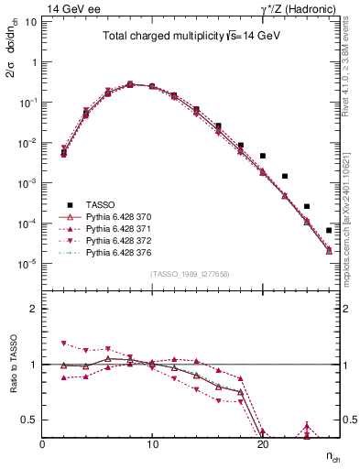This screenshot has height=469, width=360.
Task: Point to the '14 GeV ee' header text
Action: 74,8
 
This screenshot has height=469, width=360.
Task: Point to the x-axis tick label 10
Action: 152,443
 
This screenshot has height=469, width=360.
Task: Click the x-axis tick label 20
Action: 262,443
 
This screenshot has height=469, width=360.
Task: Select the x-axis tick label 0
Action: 42,443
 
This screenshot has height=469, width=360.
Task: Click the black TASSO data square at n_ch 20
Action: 262,156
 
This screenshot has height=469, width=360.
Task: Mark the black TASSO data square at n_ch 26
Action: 329,230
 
